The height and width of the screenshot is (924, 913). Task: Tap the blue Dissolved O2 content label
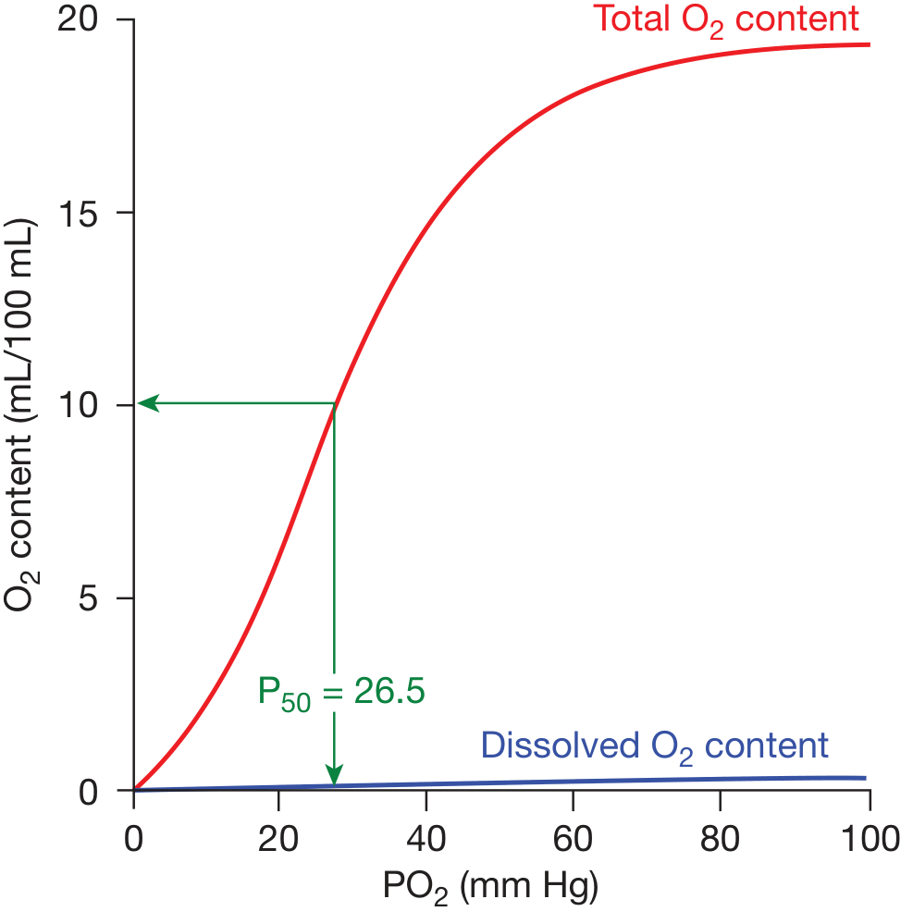(x=654, y=745)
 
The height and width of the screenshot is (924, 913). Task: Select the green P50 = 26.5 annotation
(x=340, y=692)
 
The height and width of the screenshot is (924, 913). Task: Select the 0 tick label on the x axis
(x=134, y=840)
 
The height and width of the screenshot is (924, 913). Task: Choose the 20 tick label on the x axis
(x=280, y=840)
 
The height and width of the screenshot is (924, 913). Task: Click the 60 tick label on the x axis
(x=574, y=840)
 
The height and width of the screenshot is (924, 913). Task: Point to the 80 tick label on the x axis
(x=722, y=840)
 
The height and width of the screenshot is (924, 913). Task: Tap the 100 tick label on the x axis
(x=868, y=840)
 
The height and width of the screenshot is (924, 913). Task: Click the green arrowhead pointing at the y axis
(x=145, y=403)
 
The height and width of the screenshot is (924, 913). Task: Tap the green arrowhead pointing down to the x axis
(x=334, y=777)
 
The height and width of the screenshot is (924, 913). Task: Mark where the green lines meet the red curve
(x=334, y=404)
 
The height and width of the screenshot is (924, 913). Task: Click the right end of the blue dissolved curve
(x=865, y=778)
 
